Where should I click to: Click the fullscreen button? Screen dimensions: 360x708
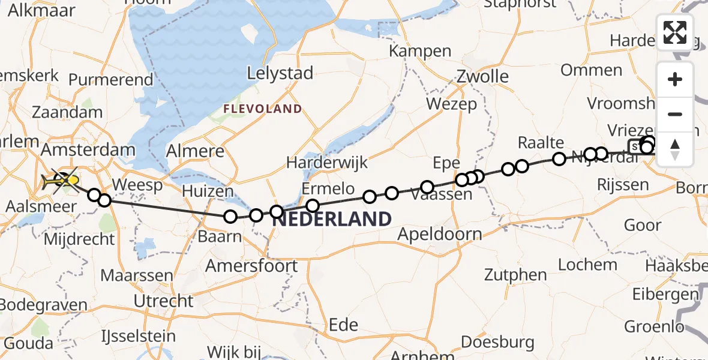point(675,32)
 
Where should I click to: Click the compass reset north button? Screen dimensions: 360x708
point(675,149)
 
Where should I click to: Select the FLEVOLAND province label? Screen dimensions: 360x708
point(263,109)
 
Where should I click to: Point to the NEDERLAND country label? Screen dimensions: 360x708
point(332,219)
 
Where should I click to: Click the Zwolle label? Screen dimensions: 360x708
point(482,76)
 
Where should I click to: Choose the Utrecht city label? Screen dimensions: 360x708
point(164,301)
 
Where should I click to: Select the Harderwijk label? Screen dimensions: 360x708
point(326,162)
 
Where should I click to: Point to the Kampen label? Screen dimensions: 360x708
point(420,51)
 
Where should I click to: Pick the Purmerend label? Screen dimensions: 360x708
point(111,80)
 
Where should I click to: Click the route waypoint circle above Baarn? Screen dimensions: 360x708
point(230,217)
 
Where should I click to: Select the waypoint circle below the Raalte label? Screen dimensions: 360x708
point(559,159)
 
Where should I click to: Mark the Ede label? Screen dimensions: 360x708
point(344,325)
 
